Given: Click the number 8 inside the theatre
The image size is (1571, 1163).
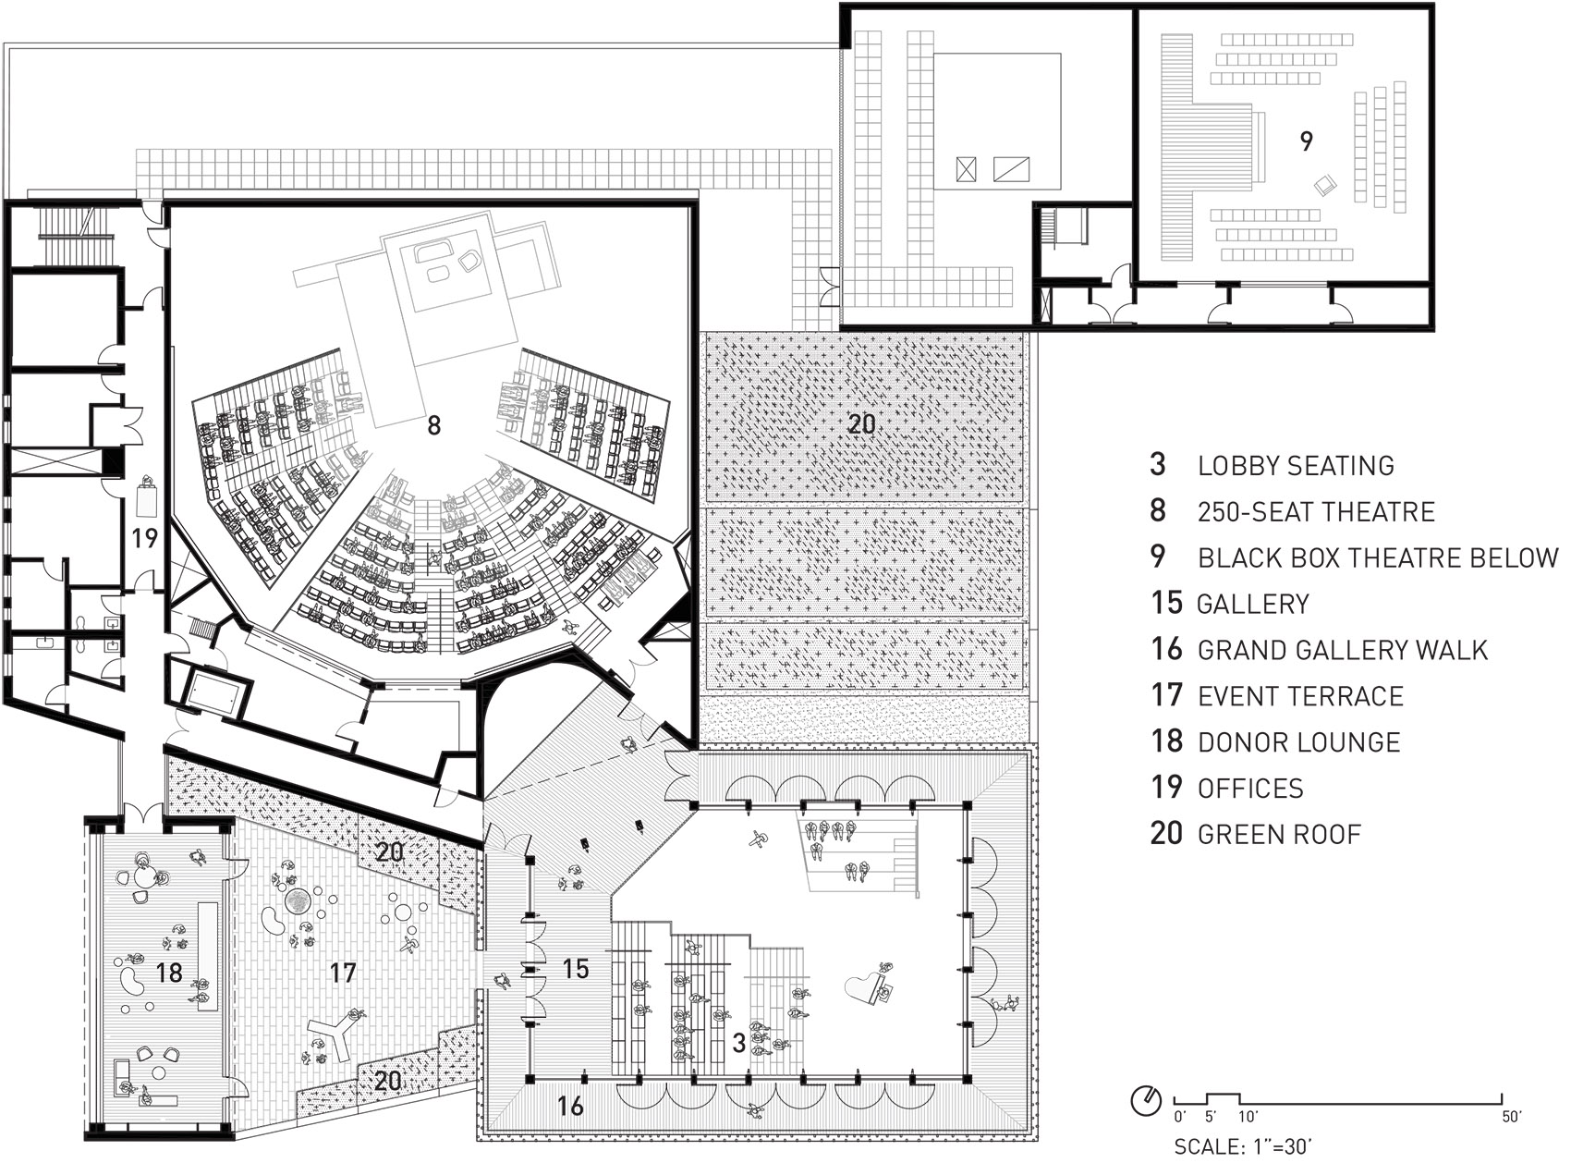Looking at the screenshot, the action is click(x=434, y=425).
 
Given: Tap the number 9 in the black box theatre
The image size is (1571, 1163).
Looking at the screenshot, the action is click(x=1306, y=141).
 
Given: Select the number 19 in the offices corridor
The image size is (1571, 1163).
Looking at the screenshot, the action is click(x=144, y=537).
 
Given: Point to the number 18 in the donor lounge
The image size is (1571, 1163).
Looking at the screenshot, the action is click(x=171, y=972).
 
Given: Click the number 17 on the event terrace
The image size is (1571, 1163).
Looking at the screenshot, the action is click(x=342, y=972).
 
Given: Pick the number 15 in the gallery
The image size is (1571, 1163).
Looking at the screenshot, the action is click(x=575, y=968).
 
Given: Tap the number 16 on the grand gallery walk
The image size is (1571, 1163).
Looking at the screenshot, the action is click(x=570, y=1104).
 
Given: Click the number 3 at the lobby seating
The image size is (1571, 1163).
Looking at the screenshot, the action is click(x=738, y=1043).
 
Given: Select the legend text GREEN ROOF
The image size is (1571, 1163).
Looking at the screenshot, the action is click(x=1280, y=835).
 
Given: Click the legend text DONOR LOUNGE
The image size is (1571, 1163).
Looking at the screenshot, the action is click(x=1299, y=742).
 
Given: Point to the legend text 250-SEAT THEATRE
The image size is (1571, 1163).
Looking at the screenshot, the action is click(x=1317, y=511).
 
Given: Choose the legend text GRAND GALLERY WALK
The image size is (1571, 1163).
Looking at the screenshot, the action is click(x=1343, y=650).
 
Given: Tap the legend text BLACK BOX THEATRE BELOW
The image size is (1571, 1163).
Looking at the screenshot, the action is click(x=1379, y=557).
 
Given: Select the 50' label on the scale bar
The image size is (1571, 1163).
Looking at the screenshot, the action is click(x=1512, y=1117).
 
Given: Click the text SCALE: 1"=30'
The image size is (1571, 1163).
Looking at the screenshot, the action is click(x=1242, y=1146).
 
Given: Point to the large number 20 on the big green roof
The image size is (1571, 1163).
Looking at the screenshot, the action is click(x=861, y=424).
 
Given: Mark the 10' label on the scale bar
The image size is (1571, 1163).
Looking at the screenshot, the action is click(x=1247, y=1117).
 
